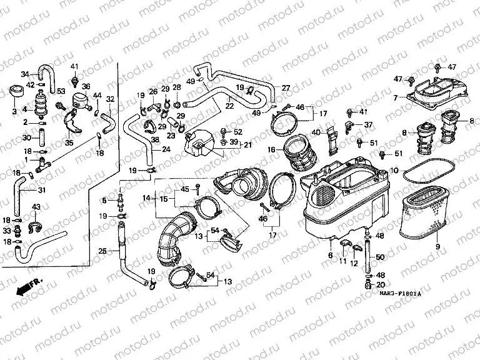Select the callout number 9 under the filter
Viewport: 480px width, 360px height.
click(437, 247)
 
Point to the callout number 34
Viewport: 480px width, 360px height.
click(26, 73)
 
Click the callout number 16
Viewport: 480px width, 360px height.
click(271, 150)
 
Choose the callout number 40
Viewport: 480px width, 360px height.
click(317, 132)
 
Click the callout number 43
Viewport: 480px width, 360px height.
click(36, 207)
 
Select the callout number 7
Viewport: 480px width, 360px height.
click(395, 97)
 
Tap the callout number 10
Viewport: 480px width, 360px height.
click(394, 170)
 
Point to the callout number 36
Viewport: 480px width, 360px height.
click(86, 87)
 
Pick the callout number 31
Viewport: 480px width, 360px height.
click(41, 190)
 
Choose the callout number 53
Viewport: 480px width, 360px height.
click(61, 92)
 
